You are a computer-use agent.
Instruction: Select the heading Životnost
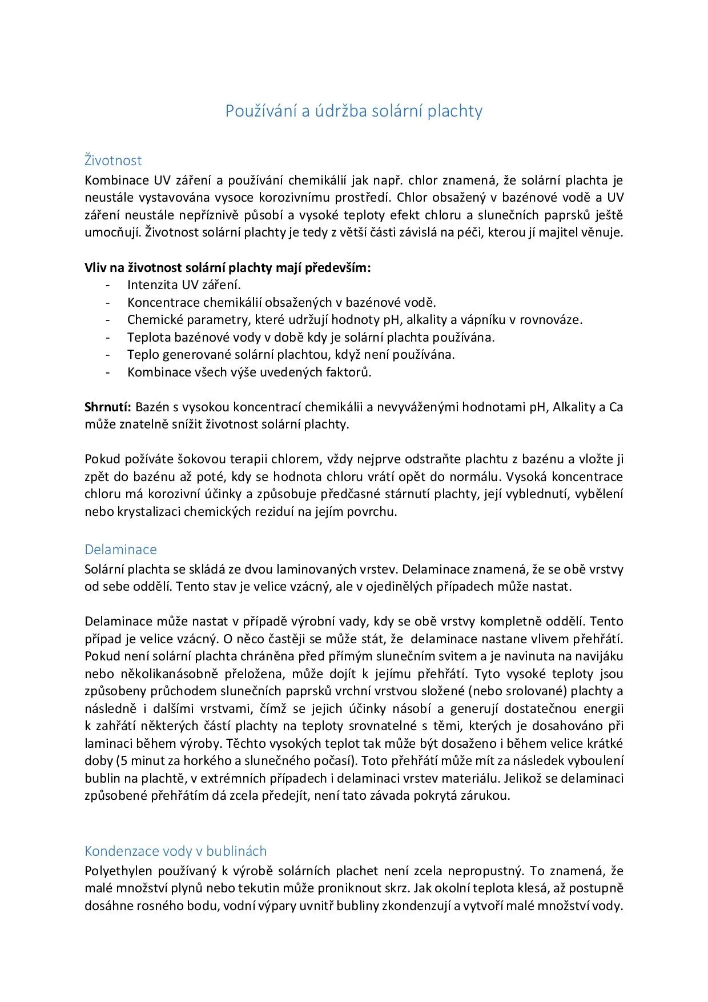click(113, 161)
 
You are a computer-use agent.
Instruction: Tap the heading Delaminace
click(120, 550)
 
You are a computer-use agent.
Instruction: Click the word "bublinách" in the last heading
click(236, 851)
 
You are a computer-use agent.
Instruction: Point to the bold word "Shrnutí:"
click(108, 407)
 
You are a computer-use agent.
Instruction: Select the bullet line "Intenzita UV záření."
click(184, 285)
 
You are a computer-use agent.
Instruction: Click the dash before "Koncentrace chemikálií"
click(108, 303)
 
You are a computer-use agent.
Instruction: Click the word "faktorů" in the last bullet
click(348, 372)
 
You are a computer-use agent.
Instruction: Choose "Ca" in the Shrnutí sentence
click(616, 407)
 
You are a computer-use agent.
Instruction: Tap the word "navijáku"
click(598, 656)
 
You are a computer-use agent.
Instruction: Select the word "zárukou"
click(485, 796)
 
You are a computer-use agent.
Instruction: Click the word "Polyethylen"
click(119, 871)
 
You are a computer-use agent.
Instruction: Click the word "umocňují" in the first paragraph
click(112, 233)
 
